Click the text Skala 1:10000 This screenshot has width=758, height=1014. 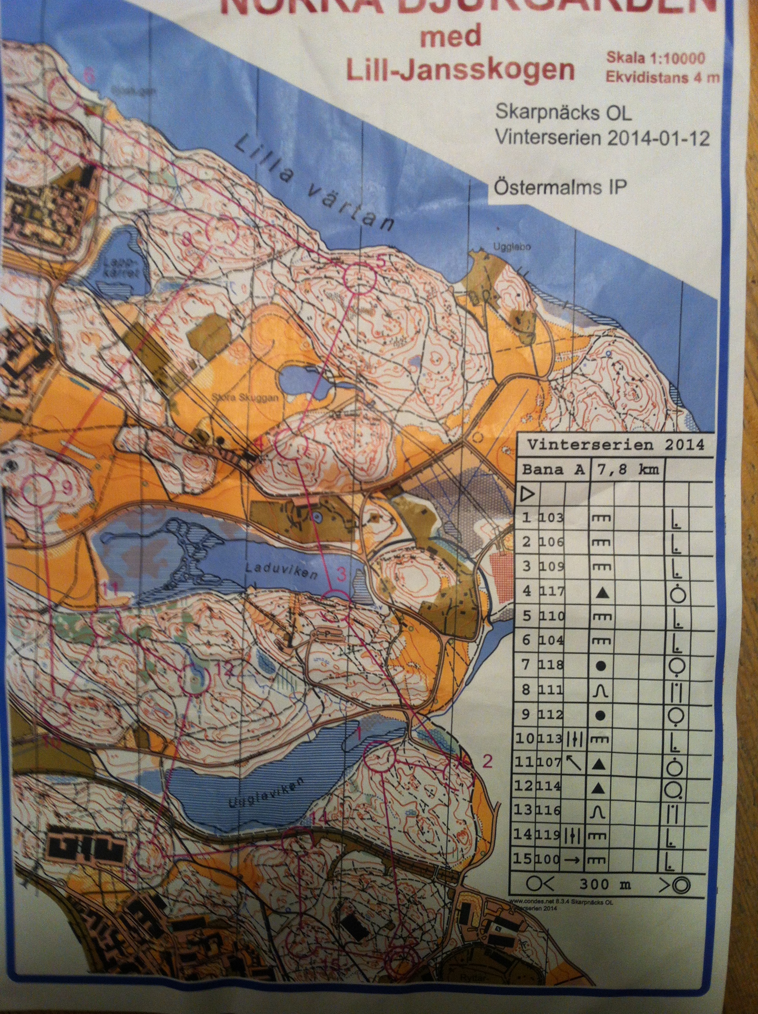pos(656,58)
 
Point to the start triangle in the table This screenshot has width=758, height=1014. pos(529,494)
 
